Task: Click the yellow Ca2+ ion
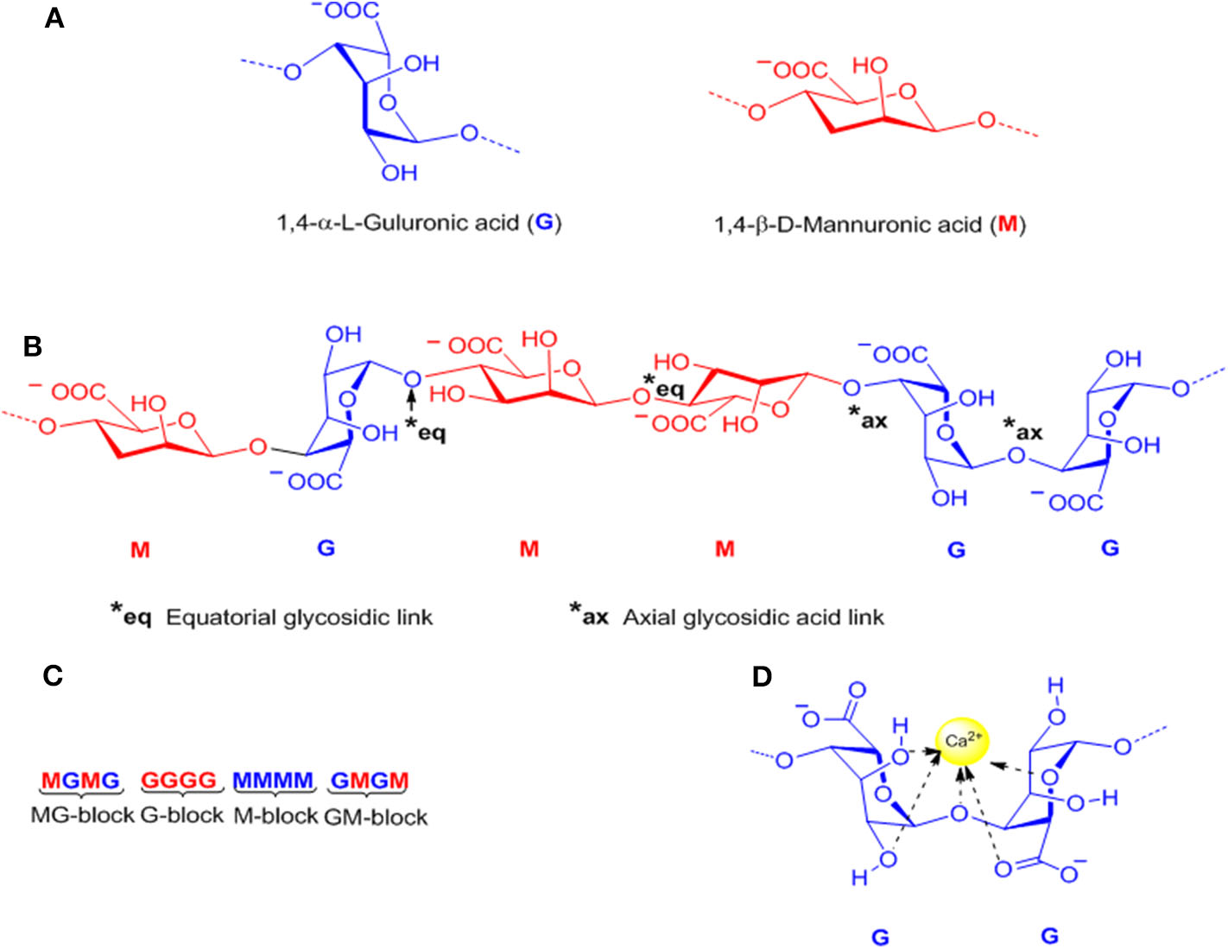[x=962, y=742]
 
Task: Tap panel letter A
[x=54, y=18]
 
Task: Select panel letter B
[x=33, y=346]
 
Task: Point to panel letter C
[x=53, y=675]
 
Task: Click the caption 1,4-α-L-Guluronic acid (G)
[x=419, y=223]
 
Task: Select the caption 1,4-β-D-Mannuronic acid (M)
[x=869, y=225]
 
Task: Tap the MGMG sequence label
[x=80, y=781]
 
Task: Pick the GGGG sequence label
[x=179, y=781]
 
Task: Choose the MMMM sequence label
[x=273, y=781]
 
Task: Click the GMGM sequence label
[x=370, y=781]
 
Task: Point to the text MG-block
[x=82, y=815]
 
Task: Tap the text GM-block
[x=376, y=817]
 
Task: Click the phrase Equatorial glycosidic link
[x=299, y=617]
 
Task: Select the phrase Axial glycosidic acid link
[x=753, y=617]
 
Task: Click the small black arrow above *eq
[x=412, y=402]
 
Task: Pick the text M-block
[x=275, y=815]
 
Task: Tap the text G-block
[x=181, y=815]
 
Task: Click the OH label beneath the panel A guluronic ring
[x=399, y=173]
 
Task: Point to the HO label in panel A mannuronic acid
[x=870, y=66]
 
